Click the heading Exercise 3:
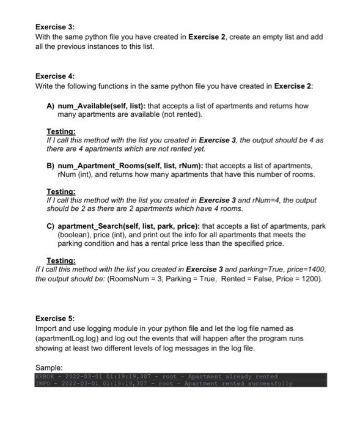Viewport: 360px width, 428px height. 54,28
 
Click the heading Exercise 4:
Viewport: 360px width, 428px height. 54,76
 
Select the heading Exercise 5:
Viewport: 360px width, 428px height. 54,319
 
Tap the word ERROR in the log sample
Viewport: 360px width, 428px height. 45,376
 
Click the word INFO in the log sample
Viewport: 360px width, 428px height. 43,384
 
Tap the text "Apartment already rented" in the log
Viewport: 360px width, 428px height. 232,376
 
